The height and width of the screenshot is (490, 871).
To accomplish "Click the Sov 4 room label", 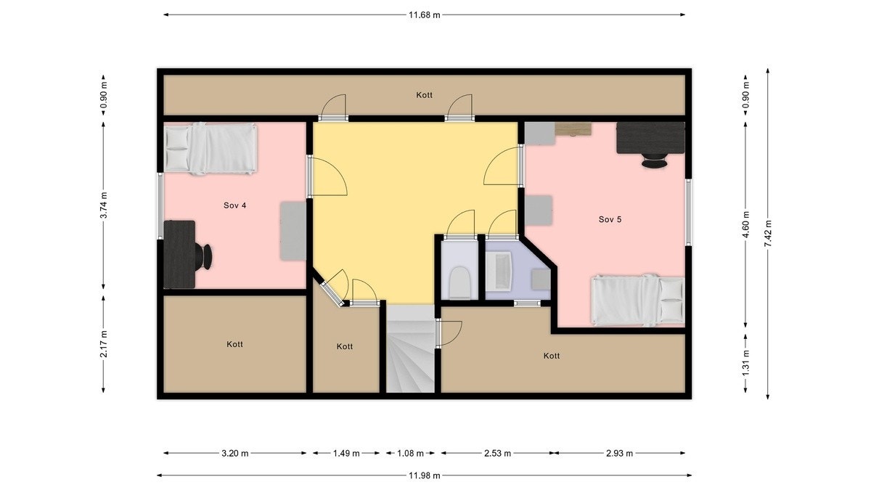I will tap(234, 205).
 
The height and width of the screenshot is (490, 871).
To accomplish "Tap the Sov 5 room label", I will tap(610, 219).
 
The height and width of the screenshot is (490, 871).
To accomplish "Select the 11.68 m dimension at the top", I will tap(425, 15).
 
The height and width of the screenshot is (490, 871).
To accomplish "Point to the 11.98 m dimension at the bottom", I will tap(425, 475).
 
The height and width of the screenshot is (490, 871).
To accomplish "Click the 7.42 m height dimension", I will tap(768, 234).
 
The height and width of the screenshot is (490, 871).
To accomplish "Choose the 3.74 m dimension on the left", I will tap(104, 205).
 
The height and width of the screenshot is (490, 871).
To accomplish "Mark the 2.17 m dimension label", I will tap(104, 344).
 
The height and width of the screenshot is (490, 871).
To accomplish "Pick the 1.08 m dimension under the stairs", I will tap(410, 454).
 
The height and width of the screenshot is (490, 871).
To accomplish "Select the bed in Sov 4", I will tap(210, 149).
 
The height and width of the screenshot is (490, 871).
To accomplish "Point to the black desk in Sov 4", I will tap(179, 254).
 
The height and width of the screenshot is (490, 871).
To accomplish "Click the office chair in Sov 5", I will tap(654, 161).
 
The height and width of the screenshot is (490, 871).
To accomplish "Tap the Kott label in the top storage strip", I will tap(425, 95).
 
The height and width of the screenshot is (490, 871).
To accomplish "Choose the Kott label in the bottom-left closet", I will tap(234, 344).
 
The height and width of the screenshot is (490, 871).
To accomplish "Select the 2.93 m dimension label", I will tap(620, 454).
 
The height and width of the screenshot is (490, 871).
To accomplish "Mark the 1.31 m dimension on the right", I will tap(745, 363).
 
